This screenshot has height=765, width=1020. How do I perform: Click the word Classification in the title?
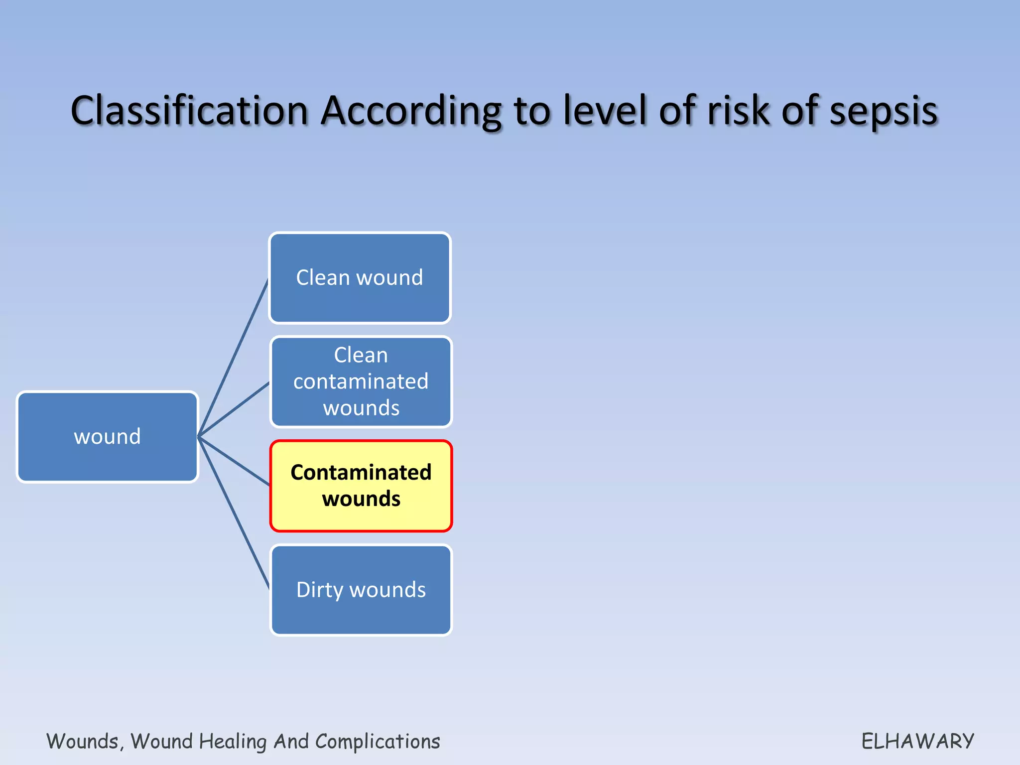pos(189,111)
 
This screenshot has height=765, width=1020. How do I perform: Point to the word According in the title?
pos(411,111)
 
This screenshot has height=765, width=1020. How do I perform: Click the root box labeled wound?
pos(108,437)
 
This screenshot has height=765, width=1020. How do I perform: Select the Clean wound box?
pos(360,277)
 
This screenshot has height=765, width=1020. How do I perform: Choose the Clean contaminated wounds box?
pos(361,382)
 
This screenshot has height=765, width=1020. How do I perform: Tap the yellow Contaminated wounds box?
pos(361,486)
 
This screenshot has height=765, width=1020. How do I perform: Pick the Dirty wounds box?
pos(361,590)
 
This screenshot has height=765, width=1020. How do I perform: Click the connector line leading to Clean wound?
pos(234,357)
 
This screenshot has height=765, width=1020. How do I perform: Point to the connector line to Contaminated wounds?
pos(234,461)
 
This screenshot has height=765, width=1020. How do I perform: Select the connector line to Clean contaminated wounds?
pos(234,409)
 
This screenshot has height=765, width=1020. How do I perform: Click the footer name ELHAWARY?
pos(917,741)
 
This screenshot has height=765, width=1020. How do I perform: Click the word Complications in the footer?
pos(378,741)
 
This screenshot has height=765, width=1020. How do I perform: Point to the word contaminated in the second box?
pos(361,382)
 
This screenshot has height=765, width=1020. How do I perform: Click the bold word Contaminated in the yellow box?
pos(361,472)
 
